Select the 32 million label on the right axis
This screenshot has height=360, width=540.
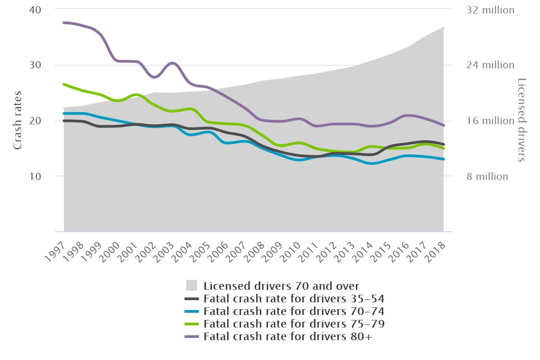tap(490, 10)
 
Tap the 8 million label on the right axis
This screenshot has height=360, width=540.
tap(486, 176)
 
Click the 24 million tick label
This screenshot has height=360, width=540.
tap(490, 65)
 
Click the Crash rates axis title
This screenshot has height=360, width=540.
tap(18, 121)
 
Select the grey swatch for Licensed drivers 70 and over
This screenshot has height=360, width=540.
tap(192, 285)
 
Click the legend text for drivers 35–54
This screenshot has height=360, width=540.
tap(293, 298)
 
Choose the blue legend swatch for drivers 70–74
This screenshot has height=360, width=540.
tap(192, 311)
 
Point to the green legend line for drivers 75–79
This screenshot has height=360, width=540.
tap(192, 324)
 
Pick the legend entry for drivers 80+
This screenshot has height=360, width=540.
tap(288, 336)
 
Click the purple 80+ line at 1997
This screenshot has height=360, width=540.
tap(64, 22)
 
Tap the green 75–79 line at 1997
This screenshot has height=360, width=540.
tap(64, 84)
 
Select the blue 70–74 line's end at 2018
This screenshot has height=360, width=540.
tap(444, 159)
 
